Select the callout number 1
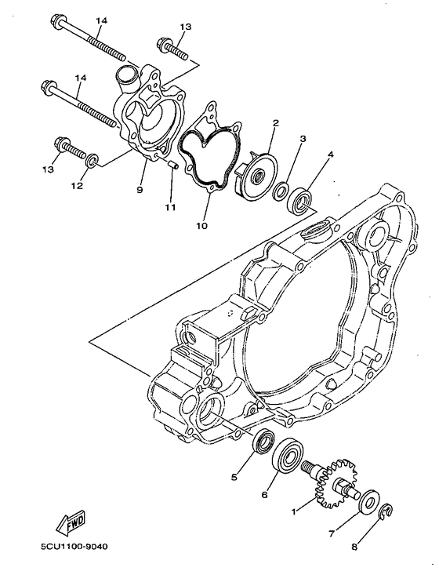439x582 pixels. tap(295, 511)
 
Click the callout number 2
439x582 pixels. tap(276, 123)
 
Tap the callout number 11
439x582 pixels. tap(171, 207)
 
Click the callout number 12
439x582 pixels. tap(76, 187)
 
